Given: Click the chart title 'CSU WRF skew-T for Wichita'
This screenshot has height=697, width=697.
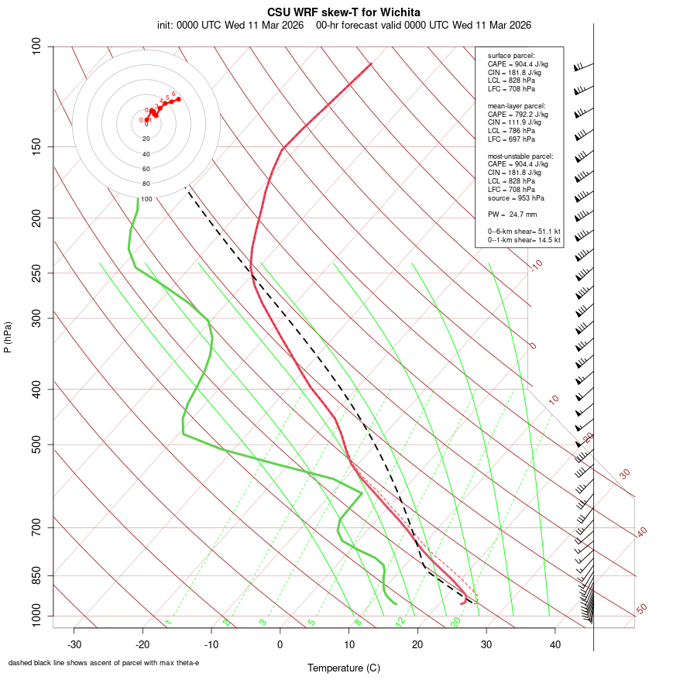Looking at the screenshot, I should tap(344, 12).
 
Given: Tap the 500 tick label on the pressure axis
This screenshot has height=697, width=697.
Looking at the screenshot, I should tap(37, 445).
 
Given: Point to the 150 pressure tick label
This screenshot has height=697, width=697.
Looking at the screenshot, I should tap(37, 146).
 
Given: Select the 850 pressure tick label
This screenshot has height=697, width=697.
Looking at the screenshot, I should tap(37, 575).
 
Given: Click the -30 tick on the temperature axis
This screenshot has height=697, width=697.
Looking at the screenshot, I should tap(74, 644).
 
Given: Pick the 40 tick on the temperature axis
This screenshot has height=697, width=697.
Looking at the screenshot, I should tap(555, 644).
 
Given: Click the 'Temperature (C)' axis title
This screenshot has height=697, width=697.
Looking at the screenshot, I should tap(343, 668).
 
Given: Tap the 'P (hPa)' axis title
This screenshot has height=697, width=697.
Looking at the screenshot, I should tap(8, 337).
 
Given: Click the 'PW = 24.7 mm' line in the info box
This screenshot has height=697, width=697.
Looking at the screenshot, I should tap(512, 215).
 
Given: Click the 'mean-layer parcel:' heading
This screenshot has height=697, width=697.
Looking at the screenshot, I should tap(516, 105).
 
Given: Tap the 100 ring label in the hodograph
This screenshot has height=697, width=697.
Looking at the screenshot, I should tap(146, 199).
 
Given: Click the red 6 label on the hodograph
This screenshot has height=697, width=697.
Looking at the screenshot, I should tap(173, 94).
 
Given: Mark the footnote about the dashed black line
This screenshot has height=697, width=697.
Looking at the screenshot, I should tap(104, 663).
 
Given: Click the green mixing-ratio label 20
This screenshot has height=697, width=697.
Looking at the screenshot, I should tap(455, 621).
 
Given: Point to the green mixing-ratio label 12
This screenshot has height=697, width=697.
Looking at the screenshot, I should tap(400, 621).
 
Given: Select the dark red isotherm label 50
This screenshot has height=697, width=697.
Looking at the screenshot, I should tap(641, 609).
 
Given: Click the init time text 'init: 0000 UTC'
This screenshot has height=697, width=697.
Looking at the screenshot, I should tap(189, 25).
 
